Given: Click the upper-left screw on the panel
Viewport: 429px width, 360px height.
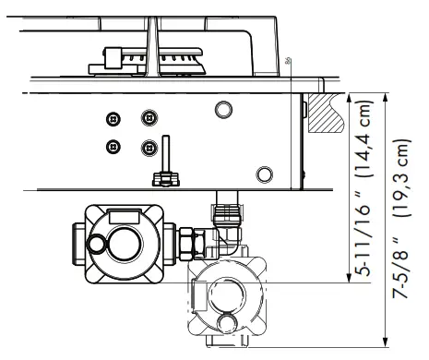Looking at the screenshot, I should click(113, 119).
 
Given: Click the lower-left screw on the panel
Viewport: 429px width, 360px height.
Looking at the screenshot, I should click(113, 146).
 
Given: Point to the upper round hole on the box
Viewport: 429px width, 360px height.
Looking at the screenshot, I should click(222, 110).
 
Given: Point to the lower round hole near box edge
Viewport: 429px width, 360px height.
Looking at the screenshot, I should click(265, 172).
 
